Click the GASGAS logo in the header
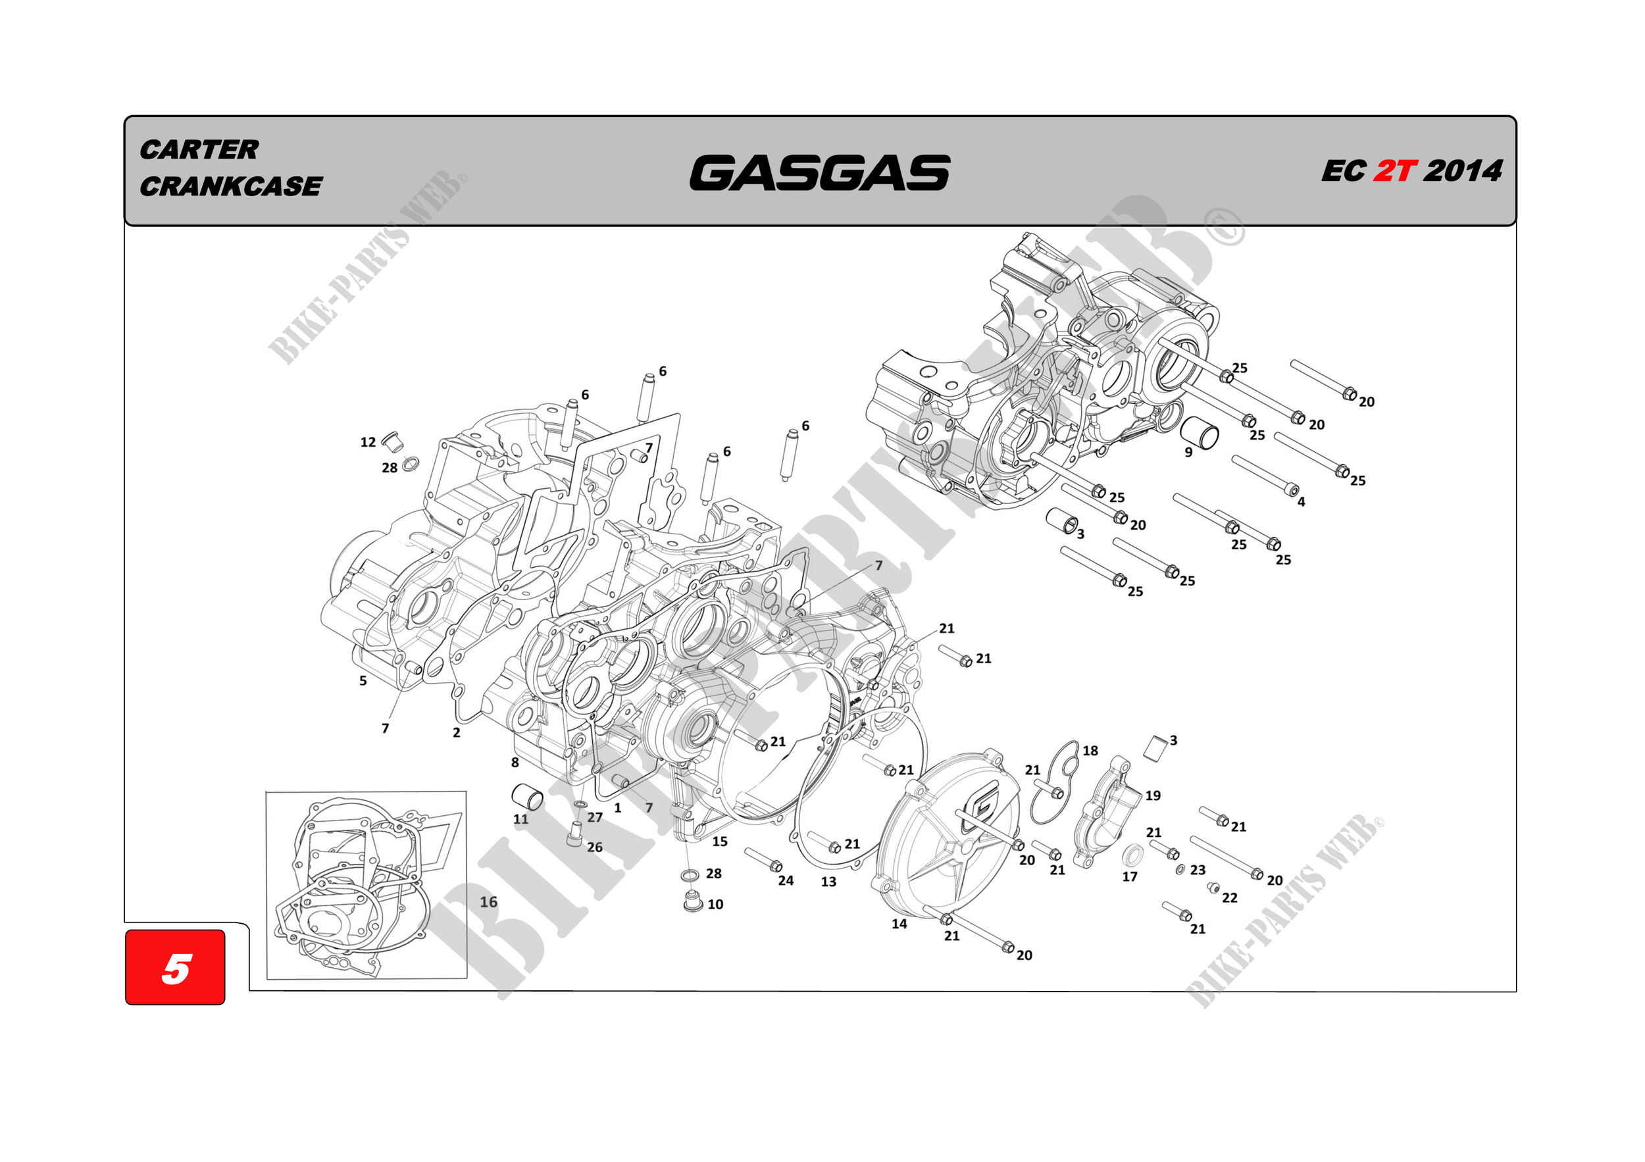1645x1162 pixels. [820, 172]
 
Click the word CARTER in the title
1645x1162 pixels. [199, 150]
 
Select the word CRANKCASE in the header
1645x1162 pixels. [231, 186]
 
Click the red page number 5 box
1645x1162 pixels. [176, 968]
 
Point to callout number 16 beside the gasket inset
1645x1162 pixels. [488, 902]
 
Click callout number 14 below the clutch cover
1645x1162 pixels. [899, 924]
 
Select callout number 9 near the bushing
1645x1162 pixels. [1188, 453]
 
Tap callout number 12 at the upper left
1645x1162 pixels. [368, 443]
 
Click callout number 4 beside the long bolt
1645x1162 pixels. [1301, 502]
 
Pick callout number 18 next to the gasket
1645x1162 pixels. [1090, 751]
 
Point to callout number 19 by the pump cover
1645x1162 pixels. [1153, 796]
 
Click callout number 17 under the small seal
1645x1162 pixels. [1130, 877]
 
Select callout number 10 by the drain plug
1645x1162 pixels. [715, 905]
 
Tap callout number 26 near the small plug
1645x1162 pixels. [595, 847]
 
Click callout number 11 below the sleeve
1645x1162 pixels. [521, 819]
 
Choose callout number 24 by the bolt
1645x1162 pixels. [786, 880]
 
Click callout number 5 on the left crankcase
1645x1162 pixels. [363, 680]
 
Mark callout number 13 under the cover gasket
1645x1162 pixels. [828, 882]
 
